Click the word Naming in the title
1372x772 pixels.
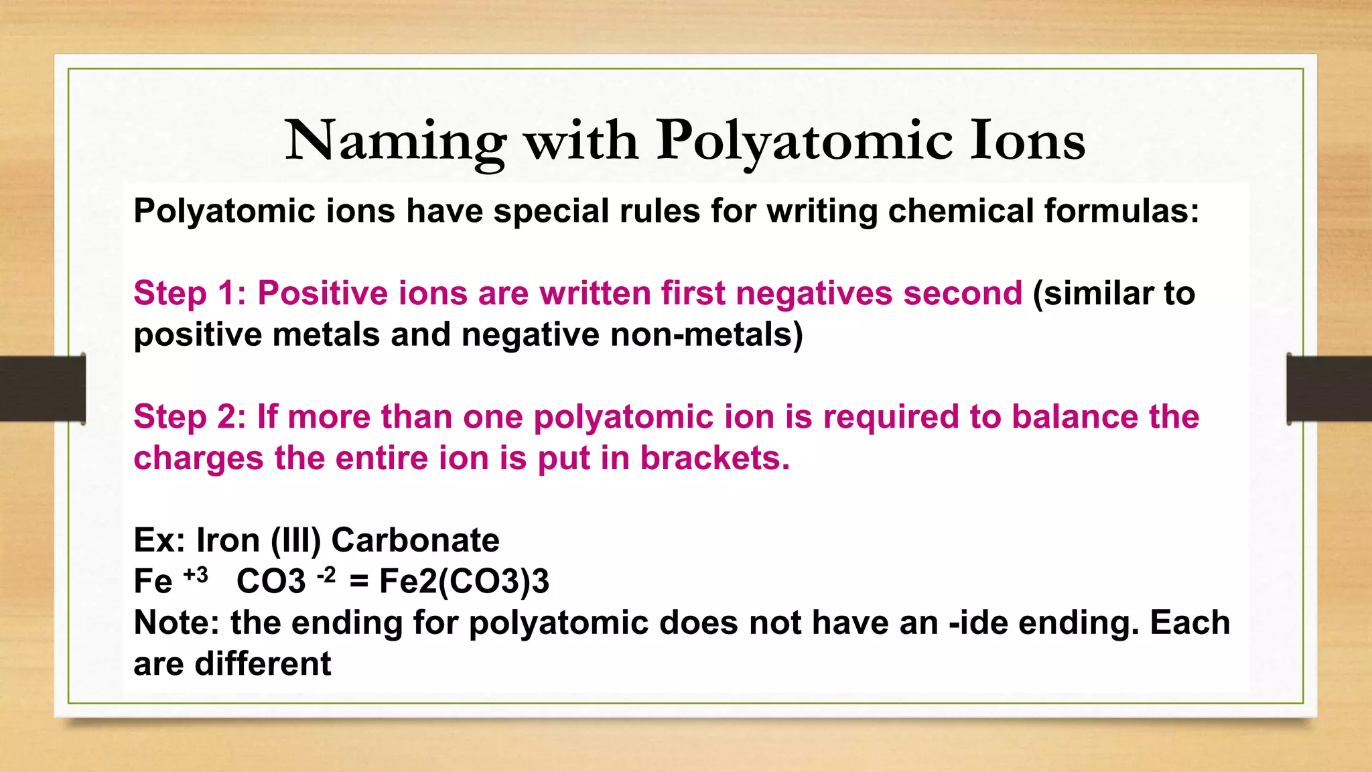coord(395,142)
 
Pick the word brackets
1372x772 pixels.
coord(715,458)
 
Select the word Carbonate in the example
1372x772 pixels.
coord(415,540)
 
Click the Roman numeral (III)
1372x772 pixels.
coord(296,540)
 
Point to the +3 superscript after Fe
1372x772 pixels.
coord(196,575)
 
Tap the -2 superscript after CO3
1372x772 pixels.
coord(326,575)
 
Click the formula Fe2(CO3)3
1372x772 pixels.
coord(464,581)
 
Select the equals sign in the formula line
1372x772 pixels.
coord(359,581)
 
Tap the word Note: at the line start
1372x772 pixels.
coord(177,623)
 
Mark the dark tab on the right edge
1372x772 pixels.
coord(1329,389)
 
